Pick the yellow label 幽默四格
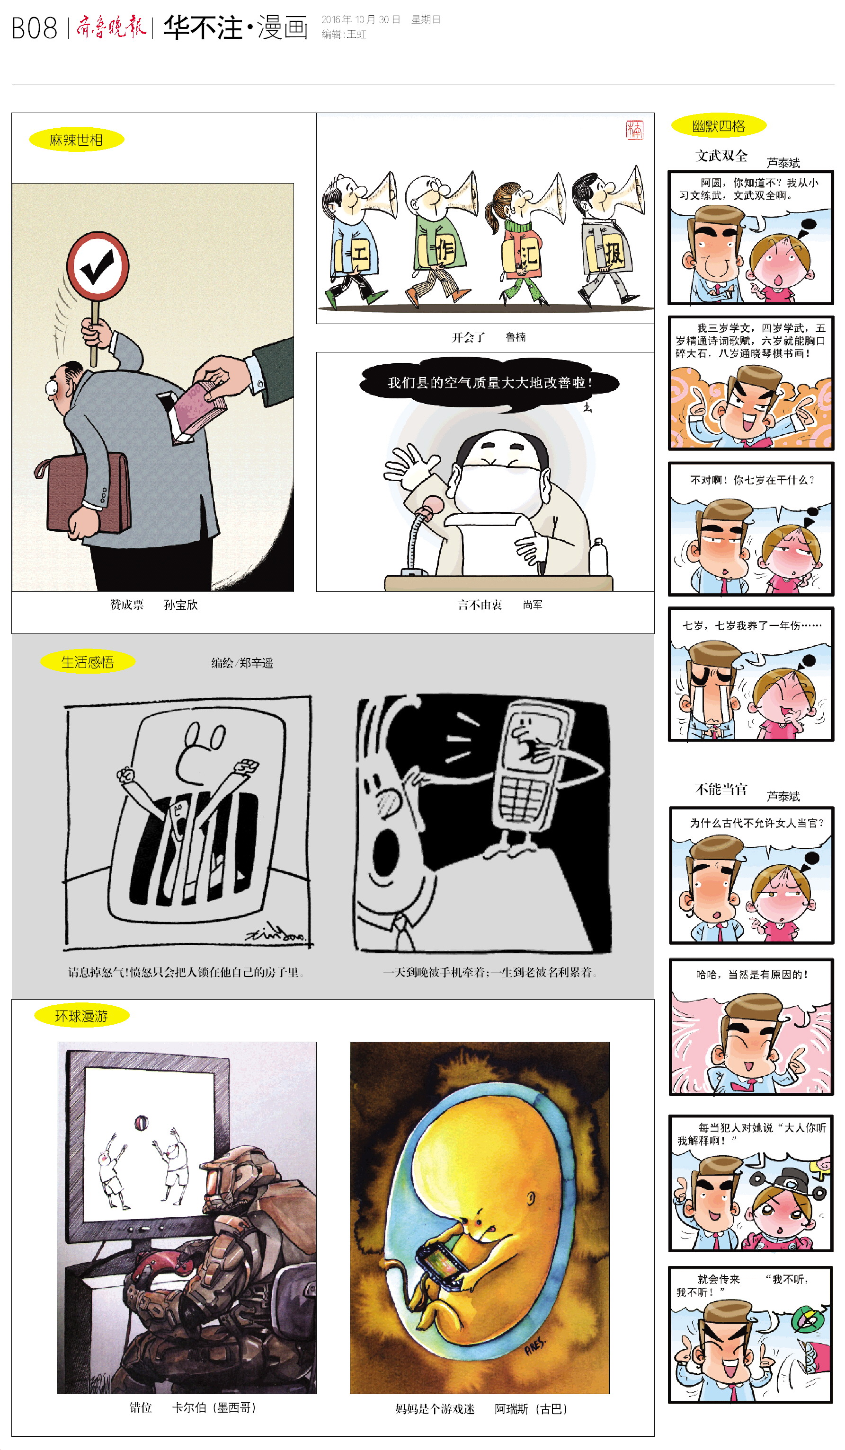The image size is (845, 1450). click(718, 126)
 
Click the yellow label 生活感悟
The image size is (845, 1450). click(88, 662)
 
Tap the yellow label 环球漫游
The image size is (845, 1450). click(82, 1016)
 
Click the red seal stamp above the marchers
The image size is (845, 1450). click(635, 130)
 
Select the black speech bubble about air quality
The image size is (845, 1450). click(489, 383)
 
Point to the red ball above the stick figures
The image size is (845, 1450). click(141, 1122)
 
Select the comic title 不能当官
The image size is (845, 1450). click(721, 789)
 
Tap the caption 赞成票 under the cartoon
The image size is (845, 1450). click(127, 604)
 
